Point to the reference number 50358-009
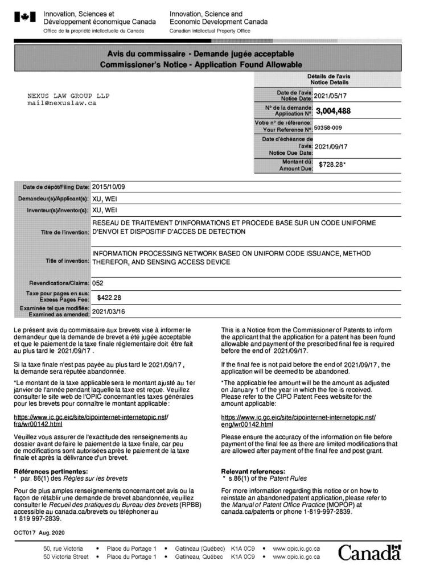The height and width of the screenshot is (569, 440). [x=334, y=127]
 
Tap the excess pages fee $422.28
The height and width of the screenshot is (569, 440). [x=110, y=296]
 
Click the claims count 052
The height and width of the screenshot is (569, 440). [x=98, y=282]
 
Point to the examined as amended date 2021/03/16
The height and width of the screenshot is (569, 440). [x=112, y=311]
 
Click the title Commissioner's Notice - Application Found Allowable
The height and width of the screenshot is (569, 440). [x=201, y=64]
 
